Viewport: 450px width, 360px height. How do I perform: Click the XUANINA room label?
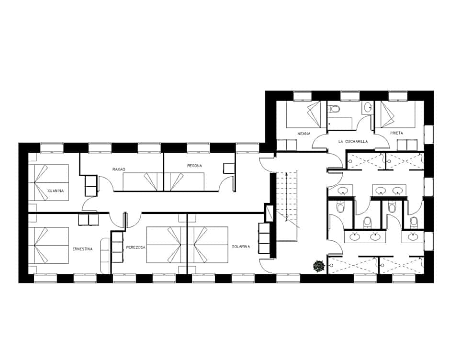(56, 191)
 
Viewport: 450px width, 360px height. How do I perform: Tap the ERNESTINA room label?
(83, 249)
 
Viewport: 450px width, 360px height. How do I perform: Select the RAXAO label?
(119, 169)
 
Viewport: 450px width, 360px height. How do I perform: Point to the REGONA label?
(194, 166)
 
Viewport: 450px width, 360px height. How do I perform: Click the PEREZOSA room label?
(136, 247)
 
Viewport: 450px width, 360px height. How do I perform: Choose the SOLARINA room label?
(241, 247)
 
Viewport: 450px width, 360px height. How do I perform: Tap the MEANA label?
(304, 134)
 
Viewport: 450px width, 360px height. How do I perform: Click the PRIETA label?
(396, 133)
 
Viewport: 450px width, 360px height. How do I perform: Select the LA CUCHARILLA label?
(353, 142)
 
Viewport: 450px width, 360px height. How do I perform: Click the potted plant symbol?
(318, 266)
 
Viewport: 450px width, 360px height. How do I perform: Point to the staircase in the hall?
(286, 206)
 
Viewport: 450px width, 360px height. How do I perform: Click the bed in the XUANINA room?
(52, 182)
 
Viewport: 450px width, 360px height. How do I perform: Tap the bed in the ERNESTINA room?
(52, 246)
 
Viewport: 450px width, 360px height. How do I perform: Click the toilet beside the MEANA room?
(334, 109)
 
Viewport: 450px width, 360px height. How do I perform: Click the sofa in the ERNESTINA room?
(105, 255)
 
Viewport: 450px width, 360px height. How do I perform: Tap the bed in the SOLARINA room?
(208, 245)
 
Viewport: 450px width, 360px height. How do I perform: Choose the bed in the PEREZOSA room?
(166, 245)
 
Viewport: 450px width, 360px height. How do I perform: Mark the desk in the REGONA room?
(229, 168)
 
